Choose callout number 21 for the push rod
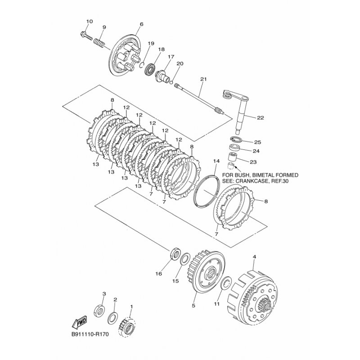click(203, 80)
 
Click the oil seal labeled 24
click(234, 148)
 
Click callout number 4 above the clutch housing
click(254, 257)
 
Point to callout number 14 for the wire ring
click(216, 161)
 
